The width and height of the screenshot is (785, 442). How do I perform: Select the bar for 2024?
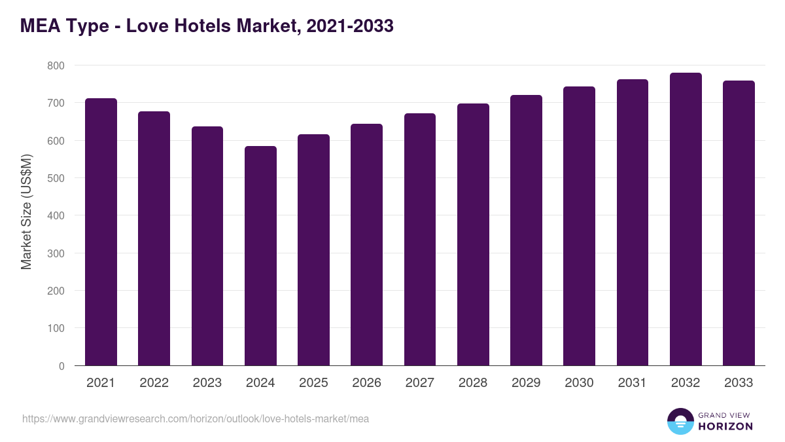(x=260, y=256)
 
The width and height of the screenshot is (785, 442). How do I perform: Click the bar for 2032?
(x=686, y=219)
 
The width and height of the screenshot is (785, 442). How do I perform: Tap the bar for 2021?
(x=101, y=232)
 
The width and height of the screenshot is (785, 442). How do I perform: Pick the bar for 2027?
(x=420, y=240)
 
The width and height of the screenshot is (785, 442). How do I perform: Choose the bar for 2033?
(x=739, y=223)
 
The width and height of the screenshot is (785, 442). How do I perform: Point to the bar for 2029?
(x=526, y=230)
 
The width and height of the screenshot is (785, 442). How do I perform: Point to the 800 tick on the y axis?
(x=56, y=66)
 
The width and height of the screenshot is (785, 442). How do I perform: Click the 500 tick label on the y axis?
(x=56, y=178)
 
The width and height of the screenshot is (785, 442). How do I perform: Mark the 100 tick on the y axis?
(x=56, y=329)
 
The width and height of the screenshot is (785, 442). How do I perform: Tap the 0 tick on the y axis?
(x=61, y=366)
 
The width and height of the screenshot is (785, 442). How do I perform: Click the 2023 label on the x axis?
(x=207, y=383)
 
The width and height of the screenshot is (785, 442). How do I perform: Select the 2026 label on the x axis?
(x=366, y=383)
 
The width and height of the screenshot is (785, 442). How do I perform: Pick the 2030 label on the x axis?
(x=579, y=383)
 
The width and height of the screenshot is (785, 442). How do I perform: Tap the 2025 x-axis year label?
(x=313, y=383)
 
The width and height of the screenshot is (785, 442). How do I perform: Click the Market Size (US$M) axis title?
(x=27, y=212)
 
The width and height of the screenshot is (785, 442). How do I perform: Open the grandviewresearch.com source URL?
(x=196, y=418)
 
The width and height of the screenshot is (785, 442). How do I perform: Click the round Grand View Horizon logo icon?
(x=680, y=421)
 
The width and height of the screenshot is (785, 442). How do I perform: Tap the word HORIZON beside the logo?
(x=725, y=426)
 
